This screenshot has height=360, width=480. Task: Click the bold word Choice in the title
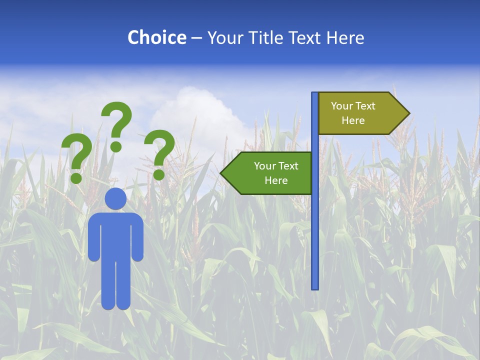click(x=156, y=37)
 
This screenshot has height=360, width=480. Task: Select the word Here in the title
click(x=345, y=37)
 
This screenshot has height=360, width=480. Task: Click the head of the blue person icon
click(x=115, y=198)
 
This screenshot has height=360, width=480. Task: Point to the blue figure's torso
click(x=115, y=235)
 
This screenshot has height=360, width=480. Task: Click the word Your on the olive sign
click(x=342, y=106)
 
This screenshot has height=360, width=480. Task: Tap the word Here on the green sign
click(x=276, y=180)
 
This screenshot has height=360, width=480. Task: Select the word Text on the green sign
click(x=289, y=166)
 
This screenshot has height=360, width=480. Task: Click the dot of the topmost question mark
click(x=116, y=146)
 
